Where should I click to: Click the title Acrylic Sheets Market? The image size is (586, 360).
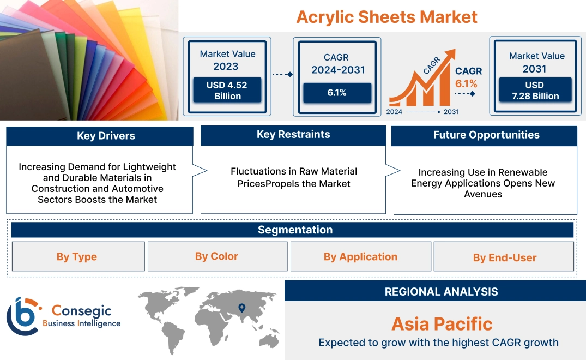386,17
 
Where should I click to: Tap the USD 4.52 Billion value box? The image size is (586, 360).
227,91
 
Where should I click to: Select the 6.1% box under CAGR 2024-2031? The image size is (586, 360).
337,93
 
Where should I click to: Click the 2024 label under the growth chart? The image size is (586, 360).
395,112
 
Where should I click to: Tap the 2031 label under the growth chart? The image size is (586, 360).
451,112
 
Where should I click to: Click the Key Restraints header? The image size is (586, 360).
293,135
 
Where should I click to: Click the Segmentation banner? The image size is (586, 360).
295,230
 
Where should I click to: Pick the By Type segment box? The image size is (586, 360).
77,257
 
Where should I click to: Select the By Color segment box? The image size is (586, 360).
217,256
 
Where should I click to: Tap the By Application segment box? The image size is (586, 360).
360,257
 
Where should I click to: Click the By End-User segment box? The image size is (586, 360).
505,257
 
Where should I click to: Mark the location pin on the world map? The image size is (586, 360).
241,309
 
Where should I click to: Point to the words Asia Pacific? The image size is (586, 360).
442,324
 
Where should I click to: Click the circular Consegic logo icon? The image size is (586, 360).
22,316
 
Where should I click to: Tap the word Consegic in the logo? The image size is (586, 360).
81,311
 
